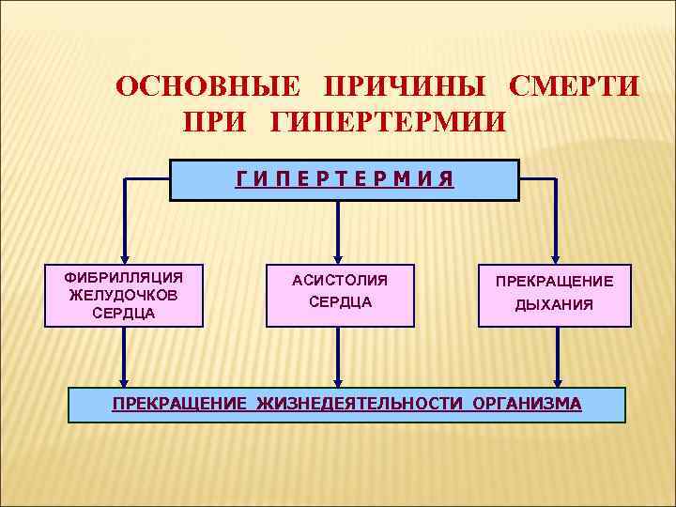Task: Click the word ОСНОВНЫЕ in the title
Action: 207,86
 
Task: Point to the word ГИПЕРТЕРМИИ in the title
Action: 388,122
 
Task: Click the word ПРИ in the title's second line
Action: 217,122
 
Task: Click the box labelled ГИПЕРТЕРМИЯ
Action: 344,179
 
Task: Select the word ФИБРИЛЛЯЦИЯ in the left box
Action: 122,278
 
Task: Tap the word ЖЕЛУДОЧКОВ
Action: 123,296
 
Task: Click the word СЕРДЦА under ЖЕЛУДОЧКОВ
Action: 123,314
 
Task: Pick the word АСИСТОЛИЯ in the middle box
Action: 339,280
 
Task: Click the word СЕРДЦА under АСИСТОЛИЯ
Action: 339,302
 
